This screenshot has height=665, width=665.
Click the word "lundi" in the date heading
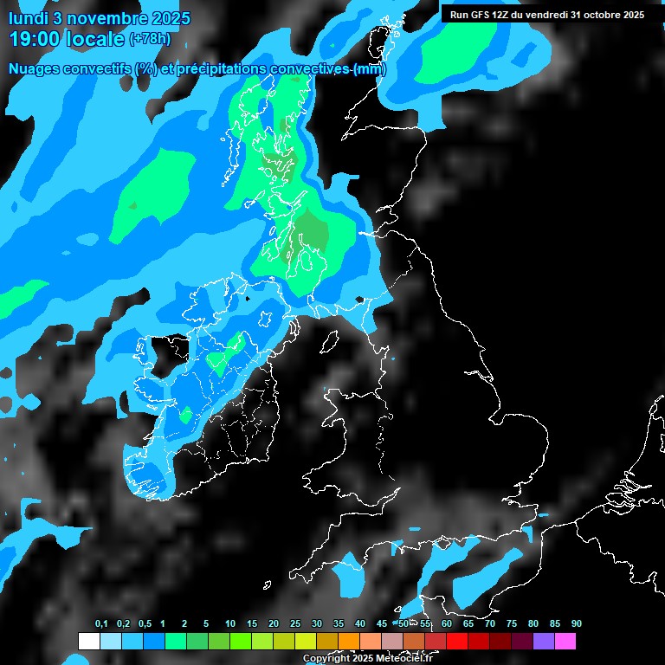pos(29,18)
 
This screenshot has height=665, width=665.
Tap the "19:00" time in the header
pos(36,39)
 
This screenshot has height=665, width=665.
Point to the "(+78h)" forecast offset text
pos(149,39)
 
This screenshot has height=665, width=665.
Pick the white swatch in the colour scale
pos(88,642)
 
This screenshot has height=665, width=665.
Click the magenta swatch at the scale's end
pos(565,642)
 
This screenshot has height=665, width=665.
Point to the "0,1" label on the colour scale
pos(100,624)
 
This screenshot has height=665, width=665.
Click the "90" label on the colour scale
pos(577,624)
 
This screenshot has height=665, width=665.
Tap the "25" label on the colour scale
pos(295,624)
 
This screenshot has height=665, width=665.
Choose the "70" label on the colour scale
pos(490,624)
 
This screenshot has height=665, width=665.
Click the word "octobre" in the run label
pos(604,15)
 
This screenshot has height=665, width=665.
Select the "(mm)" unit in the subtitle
pos(370,69)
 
